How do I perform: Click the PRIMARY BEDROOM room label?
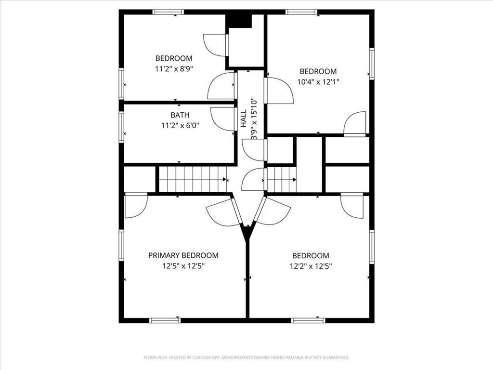click(x=183, y=255)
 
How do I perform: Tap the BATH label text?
click(x=180, y=115)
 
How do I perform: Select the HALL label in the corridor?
click(x=244, y=119)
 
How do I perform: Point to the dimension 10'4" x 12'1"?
click(x=318, y=82)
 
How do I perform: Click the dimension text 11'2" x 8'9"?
click(x=174, y=69)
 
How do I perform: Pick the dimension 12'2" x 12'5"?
click(x=311, y=266)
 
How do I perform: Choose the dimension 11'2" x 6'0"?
click(x=180, y=126)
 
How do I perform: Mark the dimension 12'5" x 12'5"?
click(x=183, y=266)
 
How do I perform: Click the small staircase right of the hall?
click(x=281, y=179)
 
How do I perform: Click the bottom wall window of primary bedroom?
click(x=165, y=320)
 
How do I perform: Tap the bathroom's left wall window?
click(x=121, y=127)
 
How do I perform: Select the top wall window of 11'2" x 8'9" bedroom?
click(x=168, y=12)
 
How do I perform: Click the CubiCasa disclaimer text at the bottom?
click(x=246, y=357)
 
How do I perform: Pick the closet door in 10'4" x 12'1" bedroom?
click(x=356, y=125)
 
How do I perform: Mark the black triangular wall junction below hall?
click(x=247, y=233)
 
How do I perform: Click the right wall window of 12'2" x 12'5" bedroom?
click(x=372, y=247)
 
